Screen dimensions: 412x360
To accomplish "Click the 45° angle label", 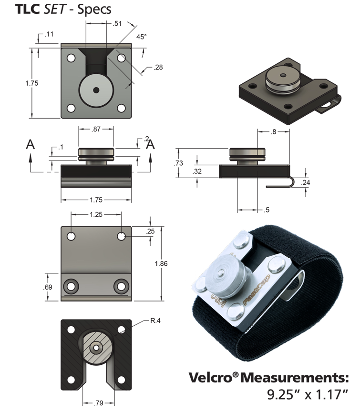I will [141, 37].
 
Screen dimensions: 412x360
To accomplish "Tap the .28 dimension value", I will [158, 67].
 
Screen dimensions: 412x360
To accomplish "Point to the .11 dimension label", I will [49, 35].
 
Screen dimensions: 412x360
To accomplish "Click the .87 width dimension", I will [96, 129].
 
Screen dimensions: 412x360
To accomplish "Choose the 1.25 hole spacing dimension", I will [96, 215].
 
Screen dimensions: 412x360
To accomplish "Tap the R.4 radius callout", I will [155, 322].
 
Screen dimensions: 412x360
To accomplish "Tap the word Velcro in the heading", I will [208, 378].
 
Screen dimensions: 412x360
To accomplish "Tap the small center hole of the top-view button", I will [96, 90].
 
